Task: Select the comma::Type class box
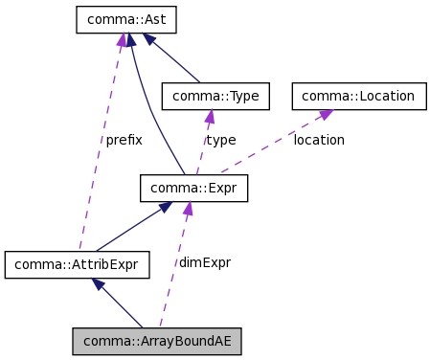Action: [x=215, y=96]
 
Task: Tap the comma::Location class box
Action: [x=358, y=96]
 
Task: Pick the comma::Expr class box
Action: [x=194, y=188]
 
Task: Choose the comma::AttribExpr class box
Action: [x=78, y=264]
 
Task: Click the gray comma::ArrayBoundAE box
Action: [x=158, y=341]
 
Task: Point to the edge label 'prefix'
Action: [x=124, y=140]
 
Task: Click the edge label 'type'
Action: [x=220, y=140]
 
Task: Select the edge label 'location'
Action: [x=319, y=140]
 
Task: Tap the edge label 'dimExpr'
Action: [x=204, y=261]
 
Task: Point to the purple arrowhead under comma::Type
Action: [x=210, y=116]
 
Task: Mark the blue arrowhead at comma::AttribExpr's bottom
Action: [x=97, y=283]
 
